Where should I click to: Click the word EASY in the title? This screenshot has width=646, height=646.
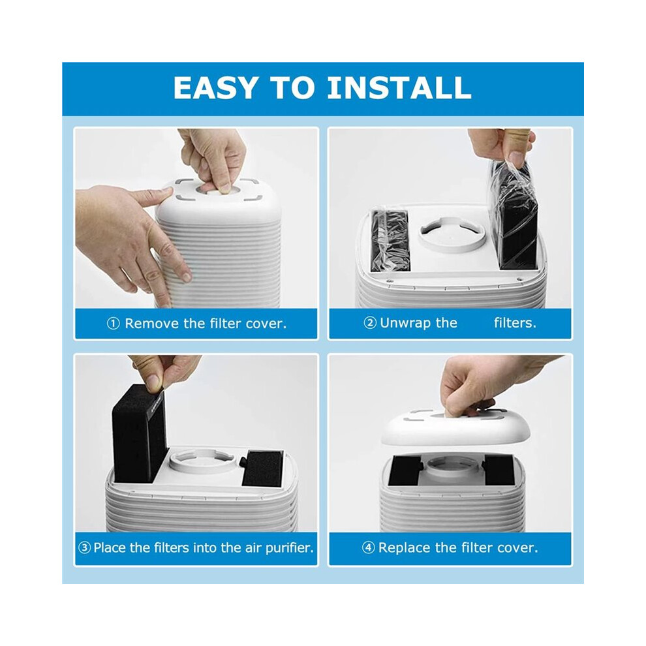[215, 87]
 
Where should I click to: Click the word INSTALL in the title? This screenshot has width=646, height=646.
[399, 87]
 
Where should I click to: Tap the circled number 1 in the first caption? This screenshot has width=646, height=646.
[114, 324]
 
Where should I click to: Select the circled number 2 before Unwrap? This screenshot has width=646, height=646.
[370, 322]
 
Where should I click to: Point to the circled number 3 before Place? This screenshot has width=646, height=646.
[84, 548]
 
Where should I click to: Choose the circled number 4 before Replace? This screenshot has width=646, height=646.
[368, 548]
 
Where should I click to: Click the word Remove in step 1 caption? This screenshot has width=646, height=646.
[153, 324]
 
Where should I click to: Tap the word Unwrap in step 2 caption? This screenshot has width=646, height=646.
[418, 323]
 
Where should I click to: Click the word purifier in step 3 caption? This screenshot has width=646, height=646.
[289, 548]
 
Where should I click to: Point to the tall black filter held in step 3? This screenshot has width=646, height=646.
[140, 433]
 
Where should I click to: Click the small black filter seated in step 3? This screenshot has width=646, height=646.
[263, 469]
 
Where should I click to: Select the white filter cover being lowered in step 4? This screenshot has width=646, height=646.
[456, 429]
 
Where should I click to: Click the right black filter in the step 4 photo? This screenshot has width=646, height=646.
[500, 469]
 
